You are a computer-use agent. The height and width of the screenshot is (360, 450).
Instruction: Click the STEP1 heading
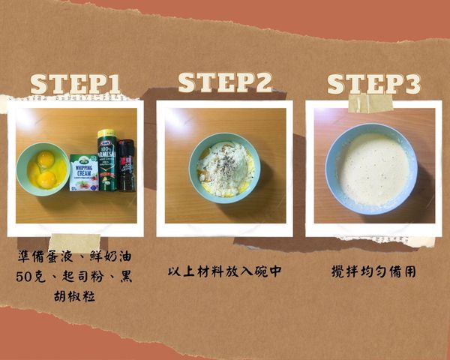75,84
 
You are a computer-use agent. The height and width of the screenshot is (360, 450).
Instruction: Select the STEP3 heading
373,84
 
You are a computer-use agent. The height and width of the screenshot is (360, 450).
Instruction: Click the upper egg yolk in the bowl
45,160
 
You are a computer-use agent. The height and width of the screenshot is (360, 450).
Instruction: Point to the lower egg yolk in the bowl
46,178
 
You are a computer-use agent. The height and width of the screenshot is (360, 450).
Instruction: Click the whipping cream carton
83,172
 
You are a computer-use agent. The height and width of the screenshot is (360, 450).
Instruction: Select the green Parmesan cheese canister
106,163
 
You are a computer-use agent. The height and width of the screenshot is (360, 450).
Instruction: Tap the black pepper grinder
125,165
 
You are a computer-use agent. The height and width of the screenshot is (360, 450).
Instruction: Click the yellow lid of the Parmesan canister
106,133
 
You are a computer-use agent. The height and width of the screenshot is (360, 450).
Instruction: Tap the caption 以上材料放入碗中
224,271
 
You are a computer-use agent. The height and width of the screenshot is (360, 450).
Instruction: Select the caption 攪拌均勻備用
373,271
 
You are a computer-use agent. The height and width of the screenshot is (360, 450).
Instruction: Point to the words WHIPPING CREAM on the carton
83,166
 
